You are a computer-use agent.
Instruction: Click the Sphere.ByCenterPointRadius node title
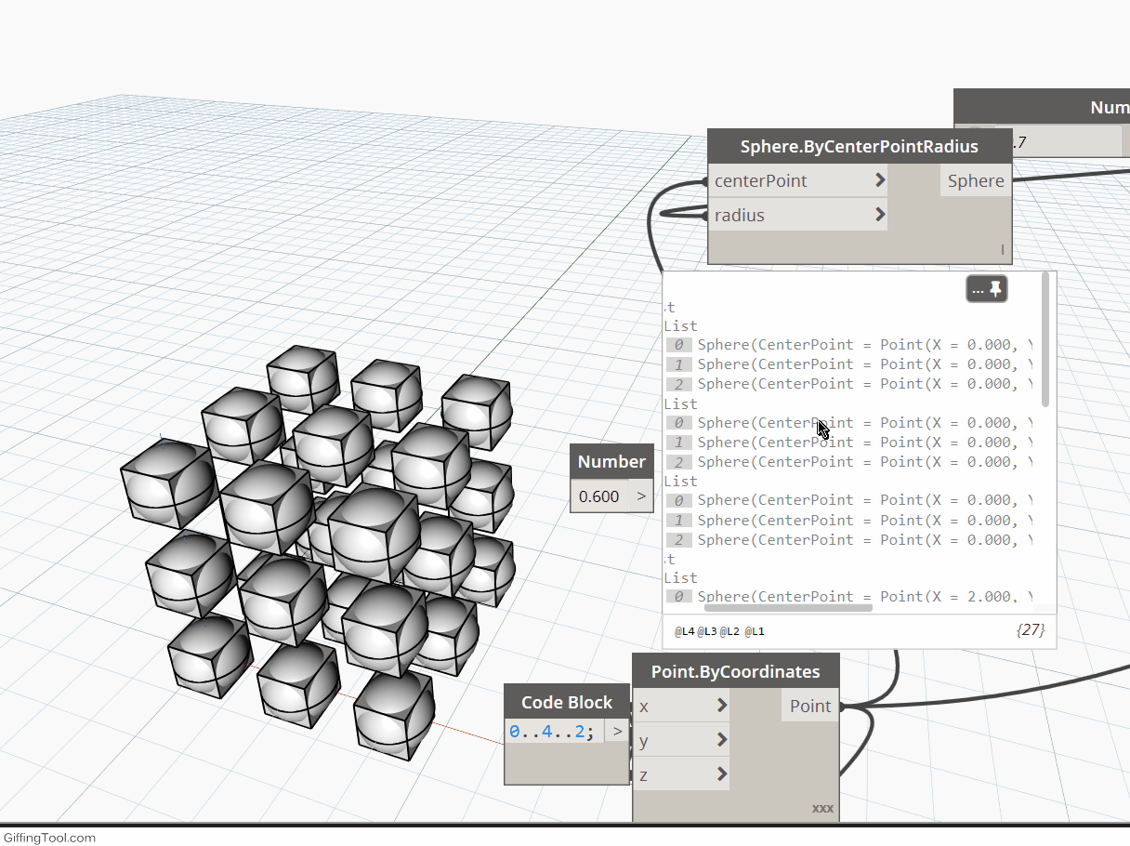pos(859,147)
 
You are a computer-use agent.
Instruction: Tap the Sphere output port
pos(976,180)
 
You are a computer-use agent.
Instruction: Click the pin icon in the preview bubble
pos(995,289)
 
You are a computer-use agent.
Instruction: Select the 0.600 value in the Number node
pos(598,496)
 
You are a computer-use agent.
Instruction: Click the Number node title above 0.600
pos(611,461)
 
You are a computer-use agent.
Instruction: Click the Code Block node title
pos(566,702)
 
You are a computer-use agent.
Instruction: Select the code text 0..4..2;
pos(551,732)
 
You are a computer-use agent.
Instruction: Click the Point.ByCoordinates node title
pos(735,671)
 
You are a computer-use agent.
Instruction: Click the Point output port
pos(810,706)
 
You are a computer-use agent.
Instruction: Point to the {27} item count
pos(1031,630)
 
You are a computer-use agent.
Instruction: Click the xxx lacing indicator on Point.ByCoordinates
pos(822,808)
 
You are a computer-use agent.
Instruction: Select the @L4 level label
pos(685,632)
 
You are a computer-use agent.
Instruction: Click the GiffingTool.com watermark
pos(48,838)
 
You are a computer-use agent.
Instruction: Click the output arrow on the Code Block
pos(617,732)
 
